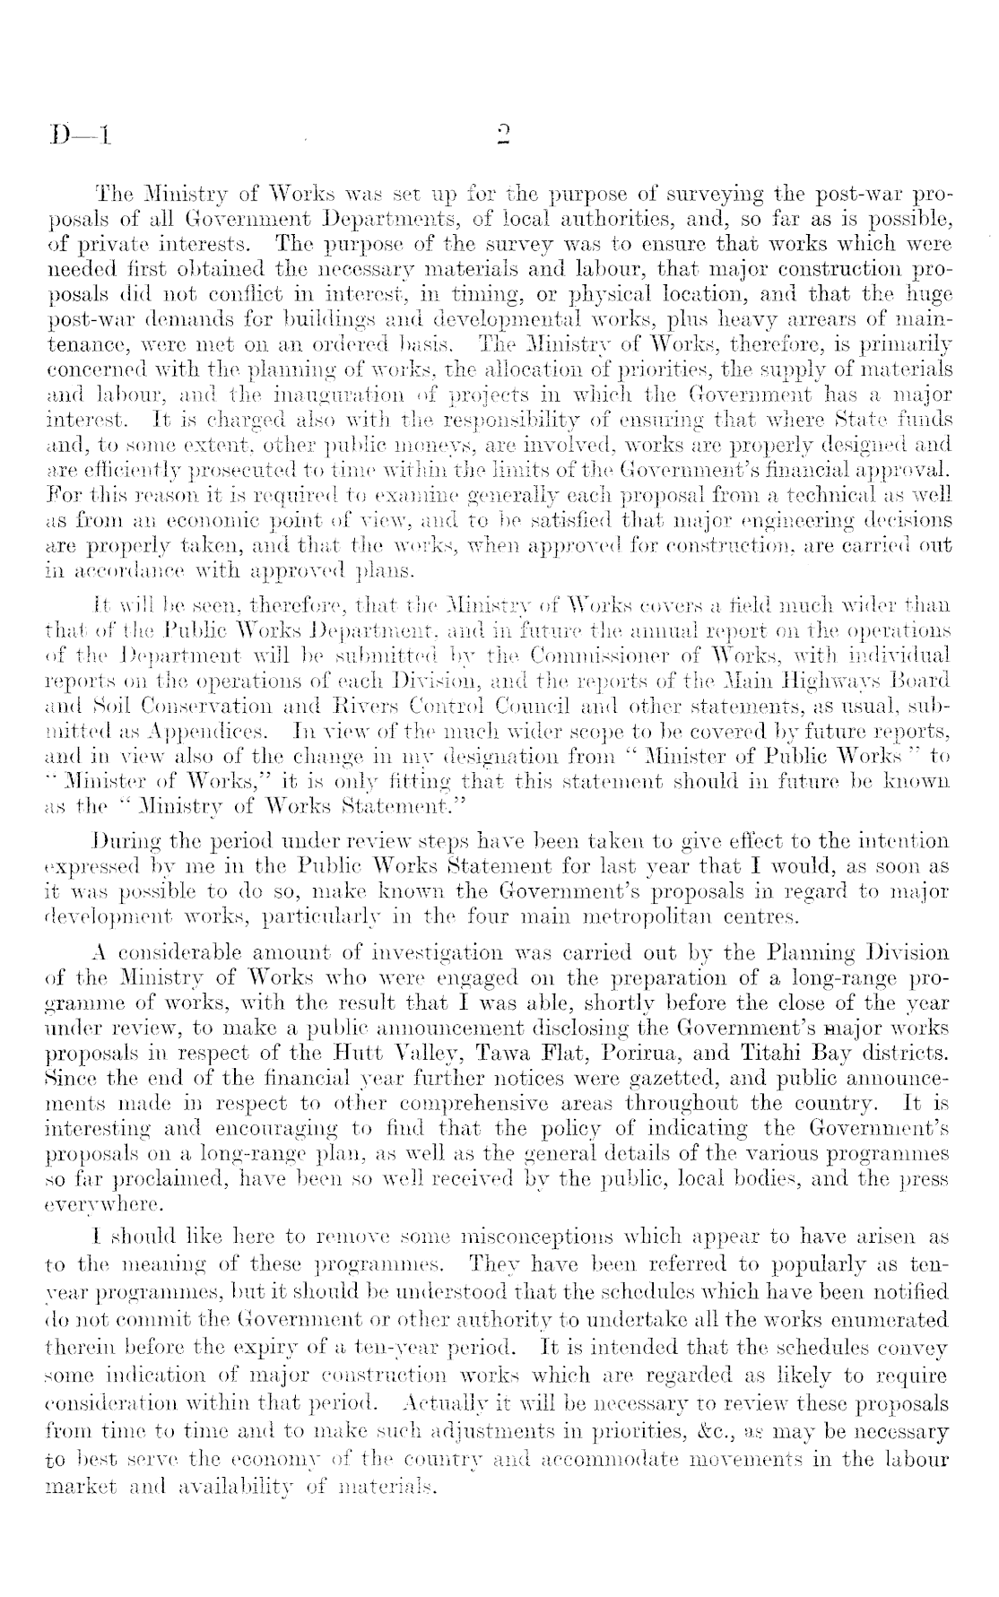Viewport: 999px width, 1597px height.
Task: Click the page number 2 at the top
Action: tap(502, 135)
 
